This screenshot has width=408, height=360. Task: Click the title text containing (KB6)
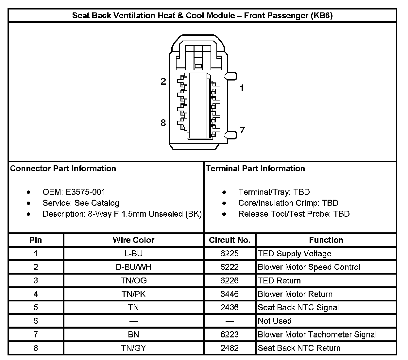202,15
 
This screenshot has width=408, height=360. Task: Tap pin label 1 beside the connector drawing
242,88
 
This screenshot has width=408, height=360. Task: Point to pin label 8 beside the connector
163,123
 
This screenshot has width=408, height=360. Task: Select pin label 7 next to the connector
242,130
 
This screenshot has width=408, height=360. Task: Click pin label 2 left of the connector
163,81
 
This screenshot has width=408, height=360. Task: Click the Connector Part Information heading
63,169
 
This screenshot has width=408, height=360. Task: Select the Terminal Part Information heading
255,169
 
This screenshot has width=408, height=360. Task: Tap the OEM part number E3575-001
83,192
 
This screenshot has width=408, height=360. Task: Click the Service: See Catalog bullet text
81,203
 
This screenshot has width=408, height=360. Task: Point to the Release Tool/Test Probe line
294,214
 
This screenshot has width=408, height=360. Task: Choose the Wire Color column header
133,240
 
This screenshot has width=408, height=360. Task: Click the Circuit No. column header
229,240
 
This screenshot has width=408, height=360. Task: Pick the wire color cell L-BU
133,254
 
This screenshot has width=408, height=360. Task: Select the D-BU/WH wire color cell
133,267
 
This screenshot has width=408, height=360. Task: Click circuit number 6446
229,294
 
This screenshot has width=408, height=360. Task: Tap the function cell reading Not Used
275,321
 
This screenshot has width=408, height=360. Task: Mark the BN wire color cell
133,334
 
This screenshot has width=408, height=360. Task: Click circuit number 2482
229,348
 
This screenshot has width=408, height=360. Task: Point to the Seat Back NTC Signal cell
298,308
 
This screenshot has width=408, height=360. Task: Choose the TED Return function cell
279,280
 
